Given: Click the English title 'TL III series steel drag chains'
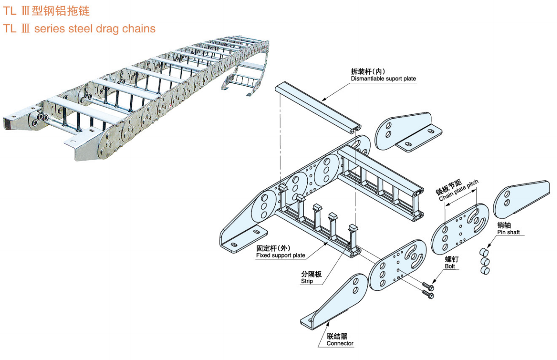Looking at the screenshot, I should point(79,29).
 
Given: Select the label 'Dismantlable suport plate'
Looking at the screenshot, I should point(383,79).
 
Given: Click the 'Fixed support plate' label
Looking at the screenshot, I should point(280,255).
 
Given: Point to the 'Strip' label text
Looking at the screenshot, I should point(307,281).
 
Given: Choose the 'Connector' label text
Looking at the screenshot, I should point(340,343).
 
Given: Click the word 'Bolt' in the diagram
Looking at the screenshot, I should point(450,266).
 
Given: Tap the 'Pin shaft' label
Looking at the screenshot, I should point(508,232).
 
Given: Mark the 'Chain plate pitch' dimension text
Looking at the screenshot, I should point(459,191).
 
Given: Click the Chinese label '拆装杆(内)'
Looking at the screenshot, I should point(368,71).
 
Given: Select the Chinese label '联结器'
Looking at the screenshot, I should point(337,336).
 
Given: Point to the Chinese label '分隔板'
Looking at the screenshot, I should point(311,274).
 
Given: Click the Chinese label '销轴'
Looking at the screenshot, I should point(504,225).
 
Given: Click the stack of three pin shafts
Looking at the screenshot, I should point(484,262).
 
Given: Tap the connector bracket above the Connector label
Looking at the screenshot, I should point(337,302).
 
